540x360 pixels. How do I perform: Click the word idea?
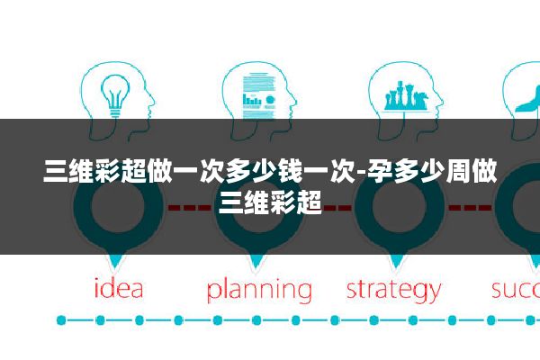click(x=119, y=290)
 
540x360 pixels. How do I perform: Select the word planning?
click(x=259, y=291)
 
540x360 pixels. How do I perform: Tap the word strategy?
click(x=393, y=290)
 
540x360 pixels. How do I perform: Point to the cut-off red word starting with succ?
click(x=515, y=290)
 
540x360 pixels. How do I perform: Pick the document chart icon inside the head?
click(x=257, y=94)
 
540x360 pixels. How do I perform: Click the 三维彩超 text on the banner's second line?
click(x=271, y=198)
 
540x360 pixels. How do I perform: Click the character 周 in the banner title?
click(x=459, y=170)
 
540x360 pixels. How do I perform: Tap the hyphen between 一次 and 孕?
click(x=362, y=170)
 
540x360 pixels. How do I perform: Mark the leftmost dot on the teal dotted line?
click(x=61, y=319)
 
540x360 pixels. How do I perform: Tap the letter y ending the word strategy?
click(x=433, y=293)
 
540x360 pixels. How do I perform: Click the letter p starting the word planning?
click(x=214, y=293)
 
